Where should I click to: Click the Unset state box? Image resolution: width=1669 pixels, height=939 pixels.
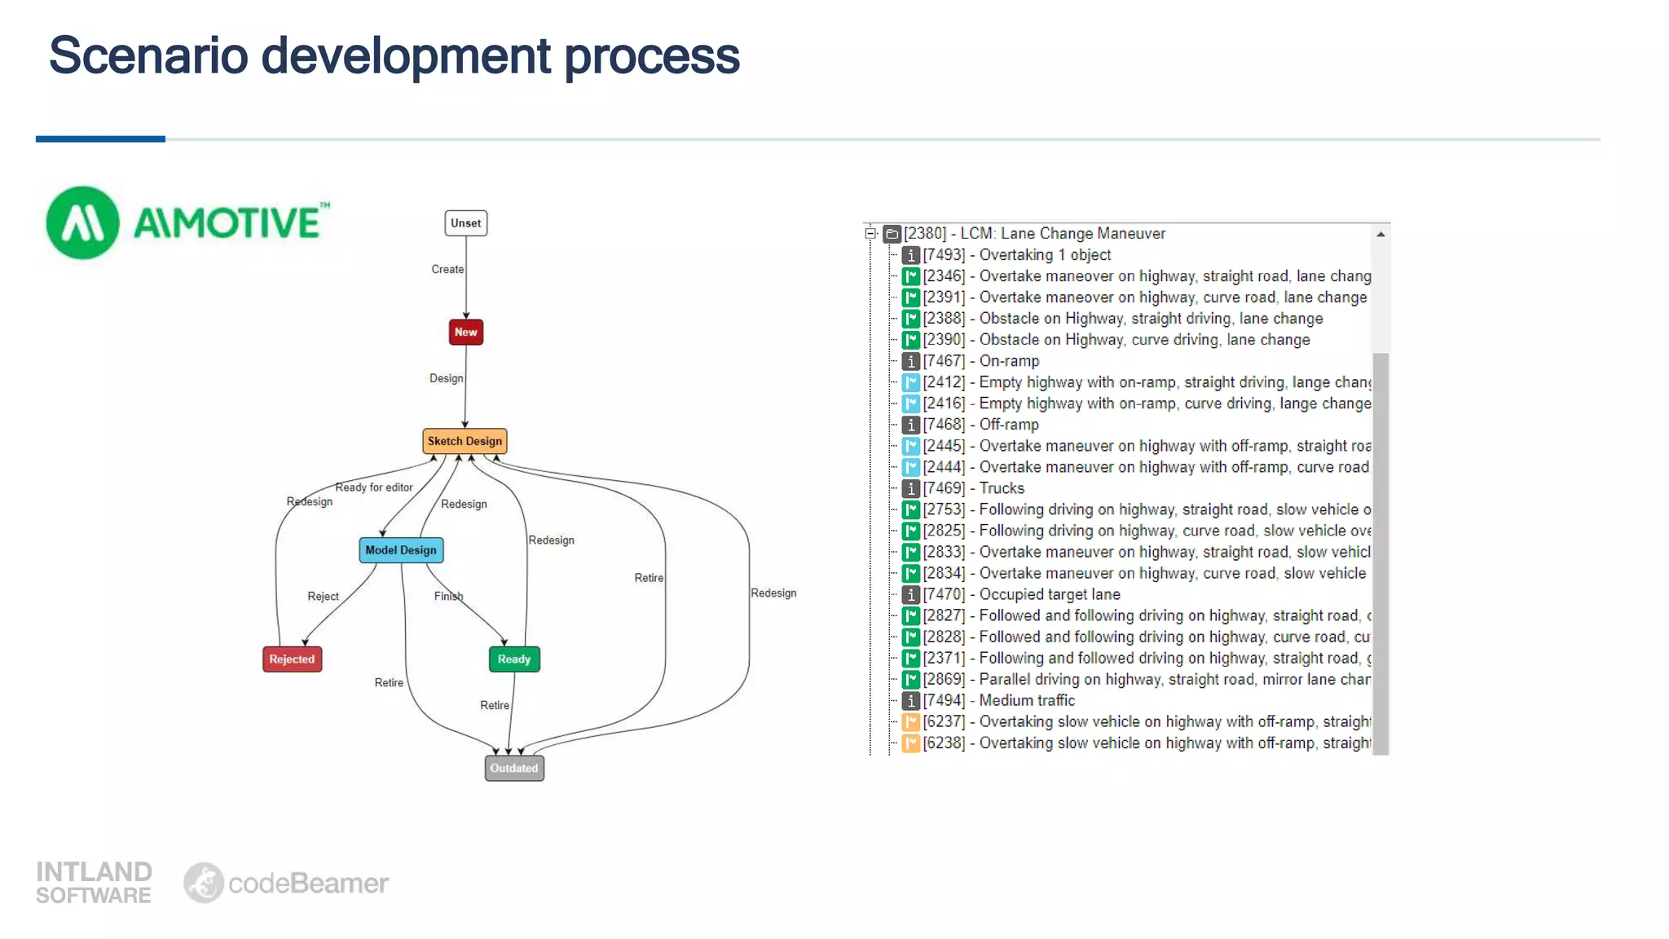(x=465, y=223)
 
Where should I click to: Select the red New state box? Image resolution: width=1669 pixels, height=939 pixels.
(x=465, y=332)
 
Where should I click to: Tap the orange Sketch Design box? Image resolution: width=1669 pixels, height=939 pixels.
(x=465, y=441)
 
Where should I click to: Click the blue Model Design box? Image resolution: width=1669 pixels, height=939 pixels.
(x=401, y=550)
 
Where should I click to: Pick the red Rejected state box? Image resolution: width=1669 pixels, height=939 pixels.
(x=292, y=659)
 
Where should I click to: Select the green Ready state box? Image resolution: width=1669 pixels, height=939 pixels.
(x=513, y=659)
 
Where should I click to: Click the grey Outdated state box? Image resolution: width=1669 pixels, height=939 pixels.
(x=513, y=768)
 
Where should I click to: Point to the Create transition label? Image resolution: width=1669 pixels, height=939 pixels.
(x=447, y=269)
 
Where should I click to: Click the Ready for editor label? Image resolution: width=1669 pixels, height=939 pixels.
(x=374, y=487)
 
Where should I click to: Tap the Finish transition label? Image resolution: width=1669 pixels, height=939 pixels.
(x=448, y=596)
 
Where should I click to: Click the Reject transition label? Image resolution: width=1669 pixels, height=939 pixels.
(x=323, y=597)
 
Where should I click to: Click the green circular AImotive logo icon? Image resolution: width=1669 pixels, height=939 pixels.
(x=82, y=223)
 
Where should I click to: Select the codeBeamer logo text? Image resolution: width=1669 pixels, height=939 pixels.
(x=308, y=883)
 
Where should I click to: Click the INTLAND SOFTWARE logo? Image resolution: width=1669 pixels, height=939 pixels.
(x=94, y=883)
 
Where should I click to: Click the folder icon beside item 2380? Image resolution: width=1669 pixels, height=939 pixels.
(x=892, y=234)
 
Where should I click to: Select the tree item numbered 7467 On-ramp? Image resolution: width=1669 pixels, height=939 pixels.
(x=1009, y=361)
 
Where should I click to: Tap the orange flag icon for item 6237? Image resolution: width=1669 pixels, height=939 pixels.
(x=910, y=722)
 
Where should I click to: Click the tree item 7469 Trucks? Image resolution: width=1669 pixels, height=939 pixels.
(x=1002, y=488)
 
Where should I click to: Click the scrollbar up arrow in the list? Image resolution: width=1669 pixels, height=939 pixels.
(x=1381, y=235)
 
